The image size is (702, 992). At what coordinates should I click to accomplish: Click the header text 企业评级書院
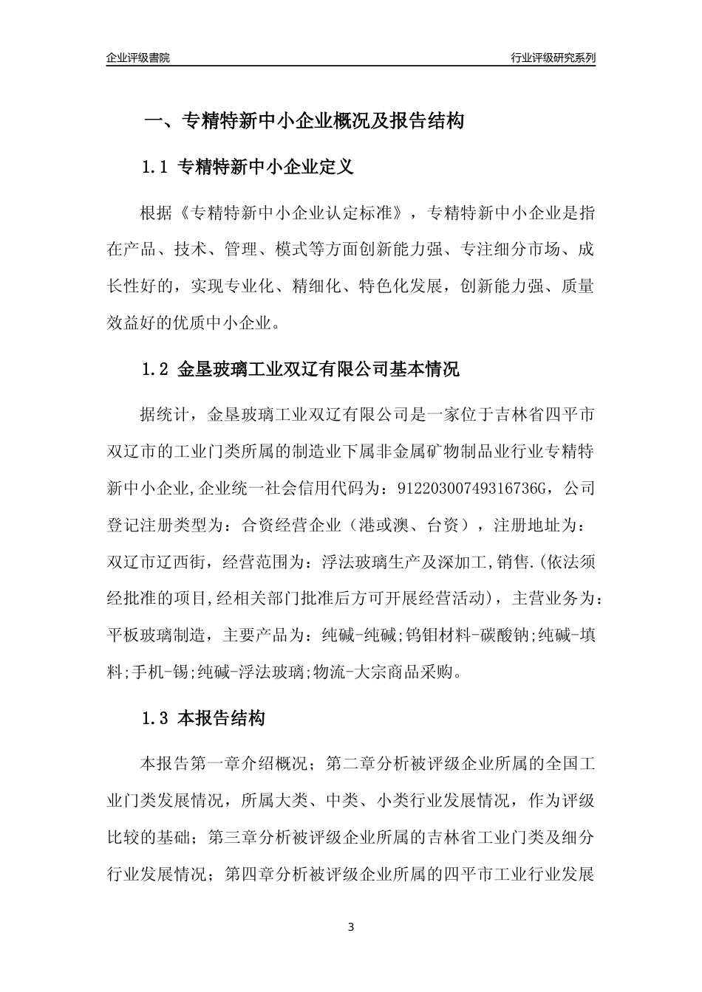point(137,58)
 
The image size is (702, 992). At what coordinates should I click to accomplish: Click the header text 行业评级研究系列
point(553,58)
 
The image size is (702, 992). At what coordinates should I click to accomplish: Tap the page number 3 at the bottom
point(351,926)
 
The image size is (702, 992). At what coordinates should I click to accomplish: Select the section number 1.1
point(156,168)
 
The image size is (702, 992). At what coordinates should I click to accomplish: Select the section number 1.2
point(156,369)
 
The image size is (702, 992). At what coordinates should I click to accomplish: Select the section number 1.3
point(156,717)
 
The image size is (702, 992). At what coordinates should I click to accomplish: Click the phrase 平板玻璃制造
point(157,634)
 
